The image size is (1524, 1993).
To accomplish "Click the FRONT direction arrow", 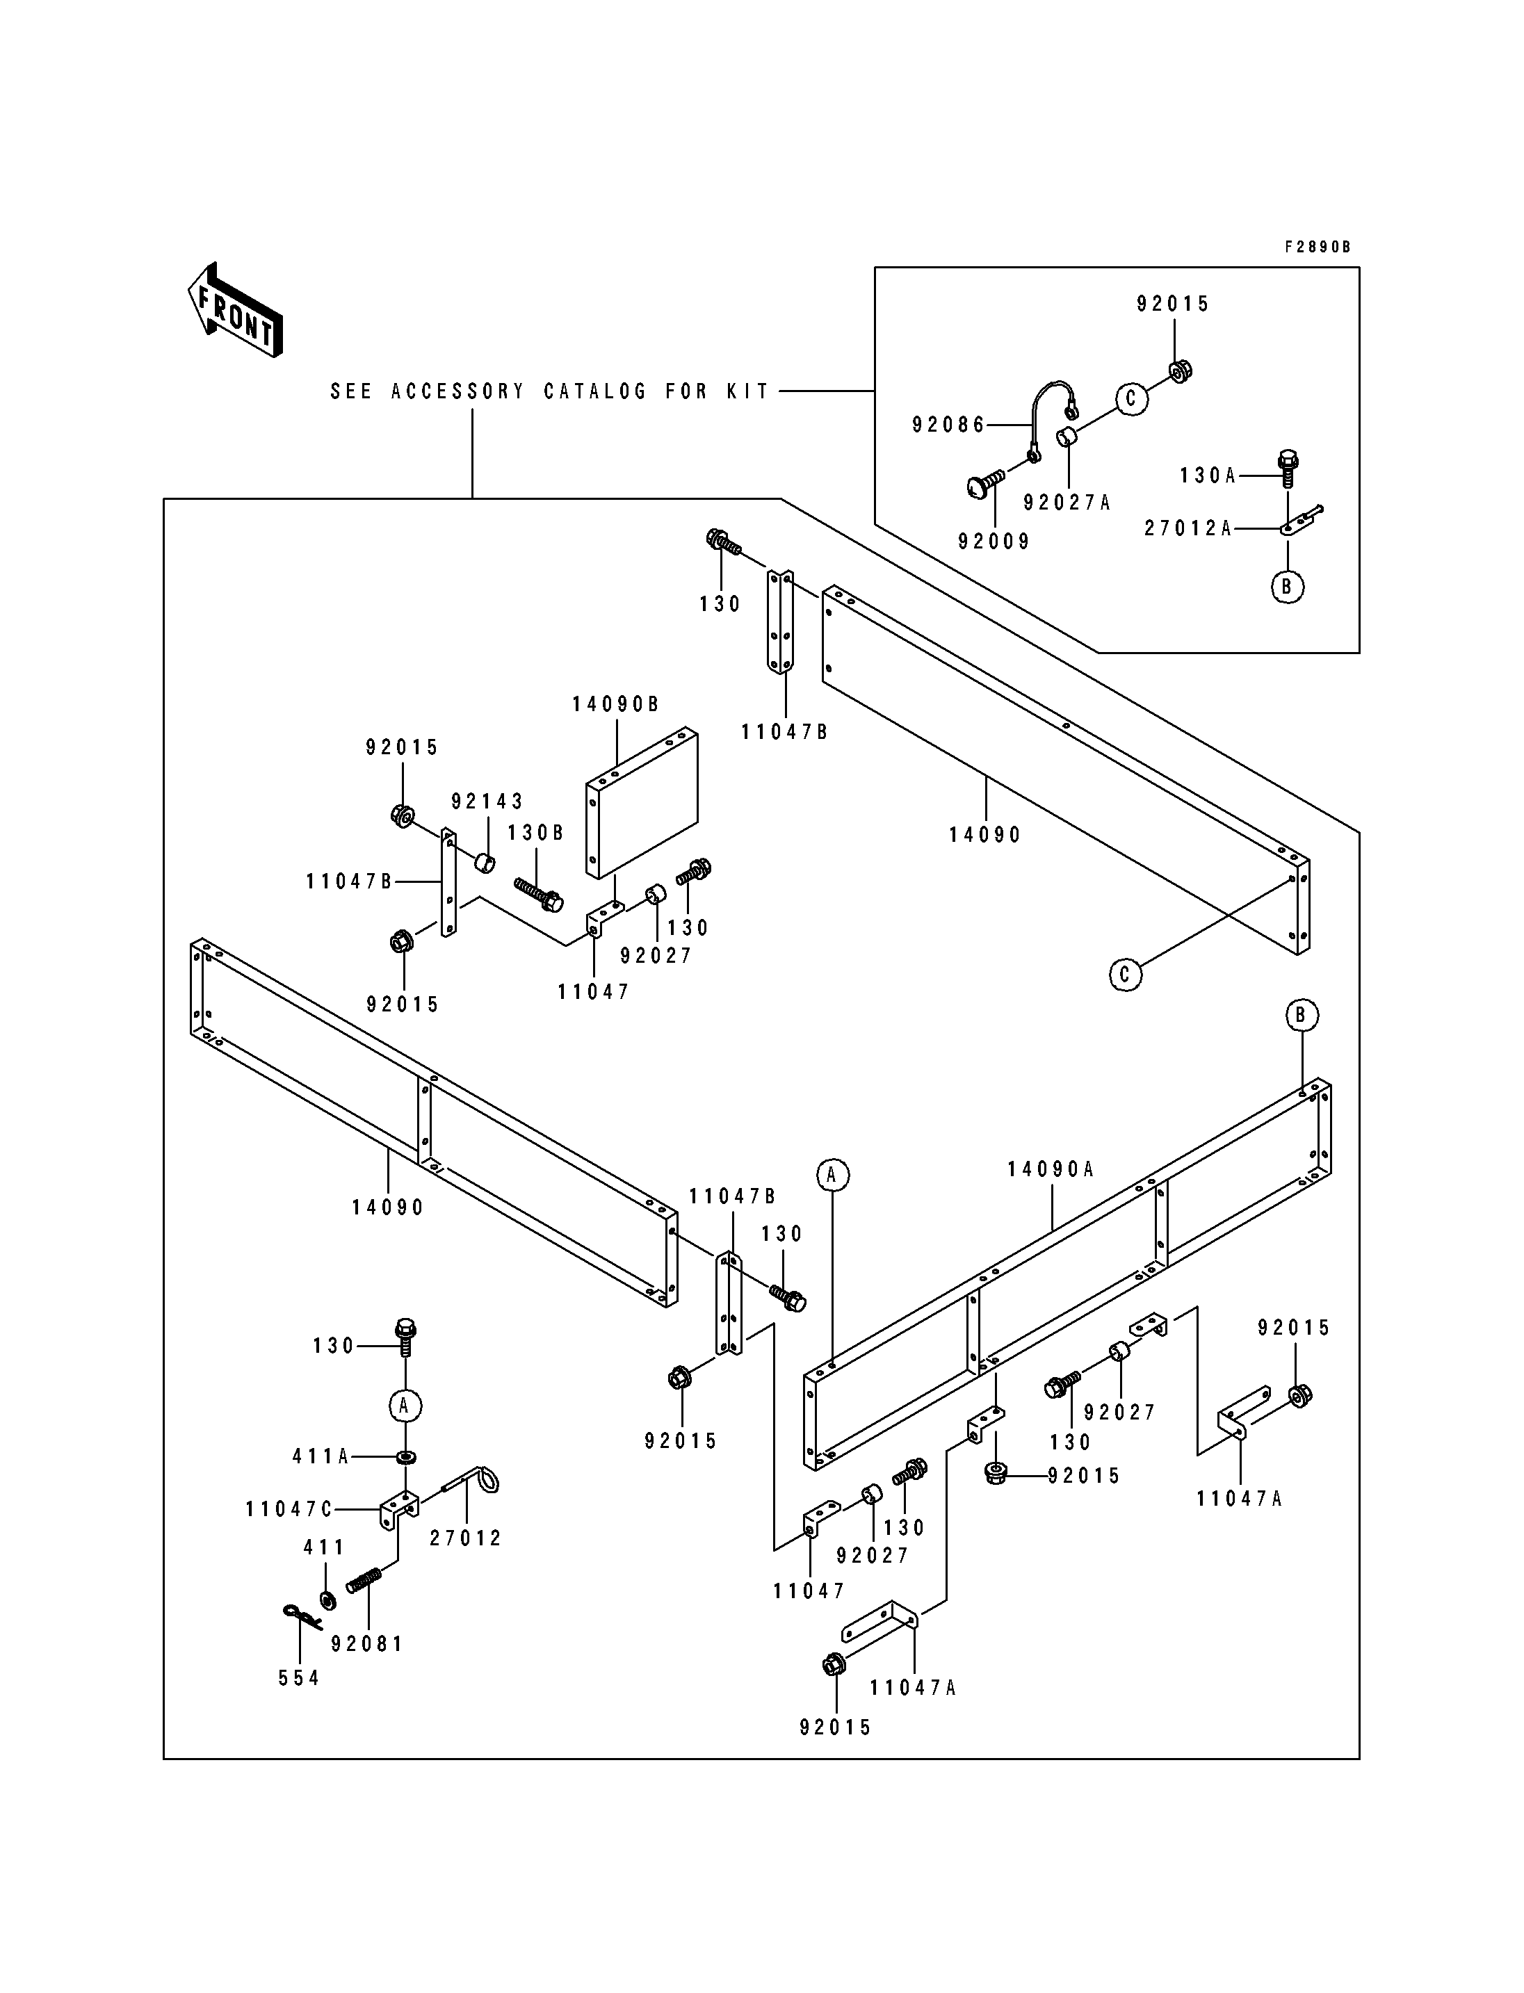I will coord(235,309).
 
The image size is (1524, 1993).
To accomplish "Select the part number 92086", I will coord(948,425).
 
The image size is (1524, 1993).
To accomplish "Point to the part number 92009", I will coord(994,542).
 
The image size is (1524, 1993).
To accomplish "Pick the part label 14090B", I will coord(615,704).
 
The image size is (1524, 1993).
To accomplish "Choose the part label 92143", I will coord(487,802).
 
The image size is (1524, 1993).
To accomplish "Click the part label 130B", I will coord(535,833).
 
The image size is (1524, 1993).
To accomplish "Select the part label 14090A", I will coord(1051,1170).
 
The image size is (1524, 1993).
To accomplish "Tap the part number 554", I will coord(298,1678).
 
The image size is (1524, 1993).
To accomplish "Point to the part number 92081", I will coord(366,1644).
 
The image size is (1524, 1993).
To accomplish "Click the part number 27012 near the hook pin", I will coord(465,1538).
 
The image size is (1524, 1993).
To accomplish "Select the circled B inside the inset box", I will coord(1286,587).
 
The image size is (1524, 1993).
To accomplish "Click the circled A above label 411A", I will coord(405,1406).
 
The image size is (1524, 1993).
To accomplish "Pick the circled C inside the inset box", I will coord(1131,399).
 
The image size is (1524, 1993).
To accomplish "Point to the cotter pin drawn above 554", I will coord(301,1615).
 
